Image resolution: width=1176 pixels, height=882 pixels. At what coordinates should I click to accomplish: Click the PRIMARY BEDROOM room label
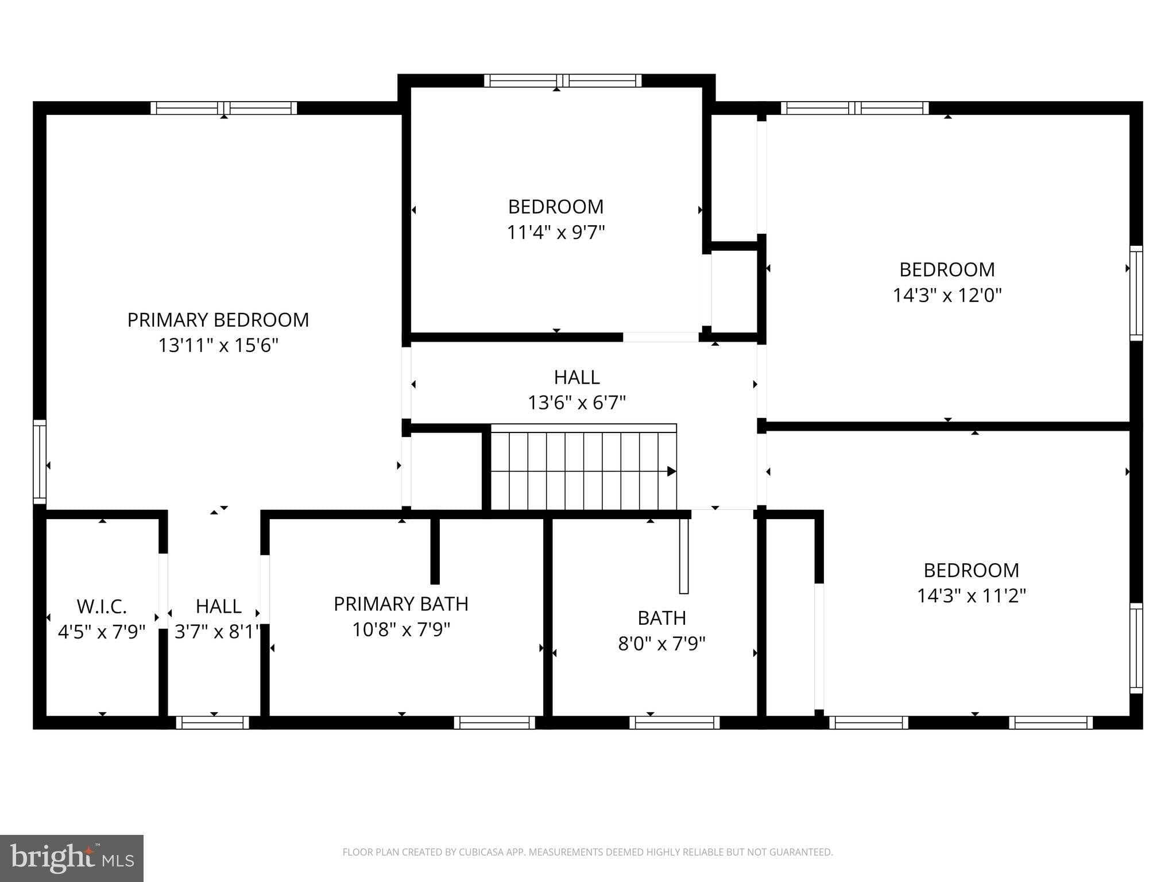[218, 320]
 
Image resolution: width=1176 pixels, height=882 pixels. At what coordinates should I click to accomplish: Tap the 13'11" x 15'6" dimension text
[218, 345]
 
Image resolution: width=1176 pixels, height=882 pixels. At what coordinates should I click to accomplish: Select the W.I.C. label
[102, 606]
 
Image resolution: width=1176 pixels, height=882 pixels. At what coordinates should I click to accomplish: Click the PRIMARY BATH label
[401, 604]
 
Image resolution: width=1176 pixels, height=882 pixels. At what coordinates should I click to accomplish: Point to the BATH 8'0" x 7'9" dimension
[661, 644]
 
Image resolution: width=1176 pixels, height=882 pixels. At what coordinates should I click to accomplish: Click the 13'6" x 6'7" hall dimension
[577, 403]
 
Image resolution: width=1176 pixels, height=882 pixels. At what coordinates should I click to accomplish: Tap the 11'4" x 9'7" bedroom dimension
[556, 233]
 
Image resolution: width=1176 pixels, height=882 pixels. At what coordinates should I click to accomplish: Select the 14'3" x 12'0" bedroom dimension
[947, 295]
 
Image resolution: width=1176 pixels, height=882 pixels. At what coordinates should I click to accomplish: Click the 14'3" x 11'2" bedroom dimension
[971, 595]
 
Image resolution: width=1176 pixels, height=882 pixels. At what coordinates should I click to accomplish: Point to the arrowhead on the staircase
[671, 471]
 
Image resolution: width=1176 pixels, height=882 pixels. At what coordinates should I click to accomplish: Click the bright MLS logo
[72, 858]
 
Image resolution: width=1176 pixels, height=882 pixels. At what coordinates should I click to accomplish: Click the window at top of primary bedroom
[224, 108]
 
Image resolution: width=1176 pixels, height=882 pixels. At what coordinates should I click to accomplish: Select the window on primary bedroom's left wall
[40, 462]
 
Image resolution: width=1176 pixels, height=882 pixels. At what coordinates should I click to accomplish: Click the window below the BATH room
[675, 722]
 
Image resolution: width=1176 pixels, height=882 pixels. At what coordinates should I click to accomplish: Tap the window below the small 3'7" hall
[212, 722]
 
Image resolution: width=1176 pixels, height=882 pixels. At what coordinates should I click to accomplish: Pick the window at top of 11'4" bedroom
[563, 80]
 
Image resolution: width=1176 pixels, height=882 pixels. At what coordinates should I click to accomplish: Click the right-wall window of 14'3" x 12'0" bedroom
[1136, 293]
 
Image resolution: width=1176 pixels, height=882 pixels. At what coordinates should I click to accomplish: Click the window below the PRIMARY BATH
[494, 722]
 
